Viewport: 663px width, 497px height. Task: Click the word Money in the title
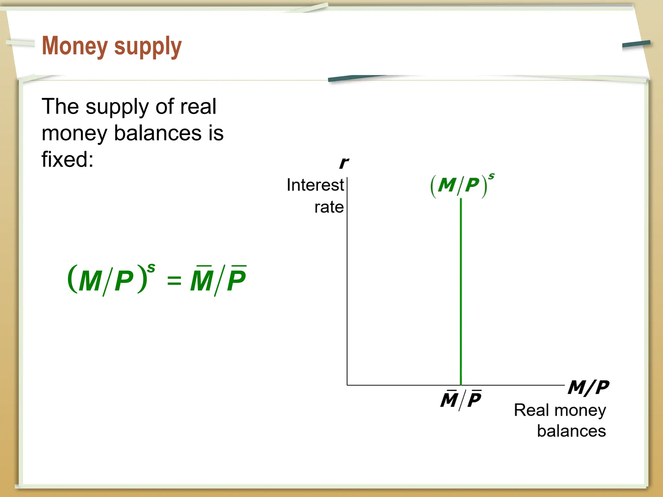point(75,46)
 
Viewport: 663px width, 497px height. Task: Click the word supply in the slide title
point(148,47)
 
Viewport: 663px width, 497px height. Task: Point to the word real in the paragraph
point(198,106)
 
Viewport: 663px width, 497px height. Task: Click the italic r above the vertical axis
point(344,163)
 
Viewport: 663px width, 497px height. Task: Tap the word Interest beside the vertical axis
point(315,185)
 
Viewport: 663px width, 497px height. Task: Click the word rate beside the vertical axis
point(329,207)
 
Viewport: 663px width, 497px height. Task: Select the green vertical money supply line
point(461,291)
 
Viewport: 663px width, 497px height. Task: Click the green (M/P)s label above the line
point(461,185)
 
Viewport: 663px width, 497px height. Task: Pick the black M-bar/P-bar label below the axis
point(461,400)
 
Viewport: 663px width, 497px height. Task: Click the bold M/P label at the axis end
point(588,387)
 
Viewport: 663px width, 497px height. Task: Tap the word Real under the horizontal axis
point(531,410)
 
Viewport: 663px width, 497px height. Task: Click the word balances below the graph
point(571,431)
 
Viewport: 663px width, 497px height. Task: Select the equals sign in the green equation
point(174,280)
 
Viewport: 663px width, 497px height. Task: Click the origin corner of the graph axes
point(347,385)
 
